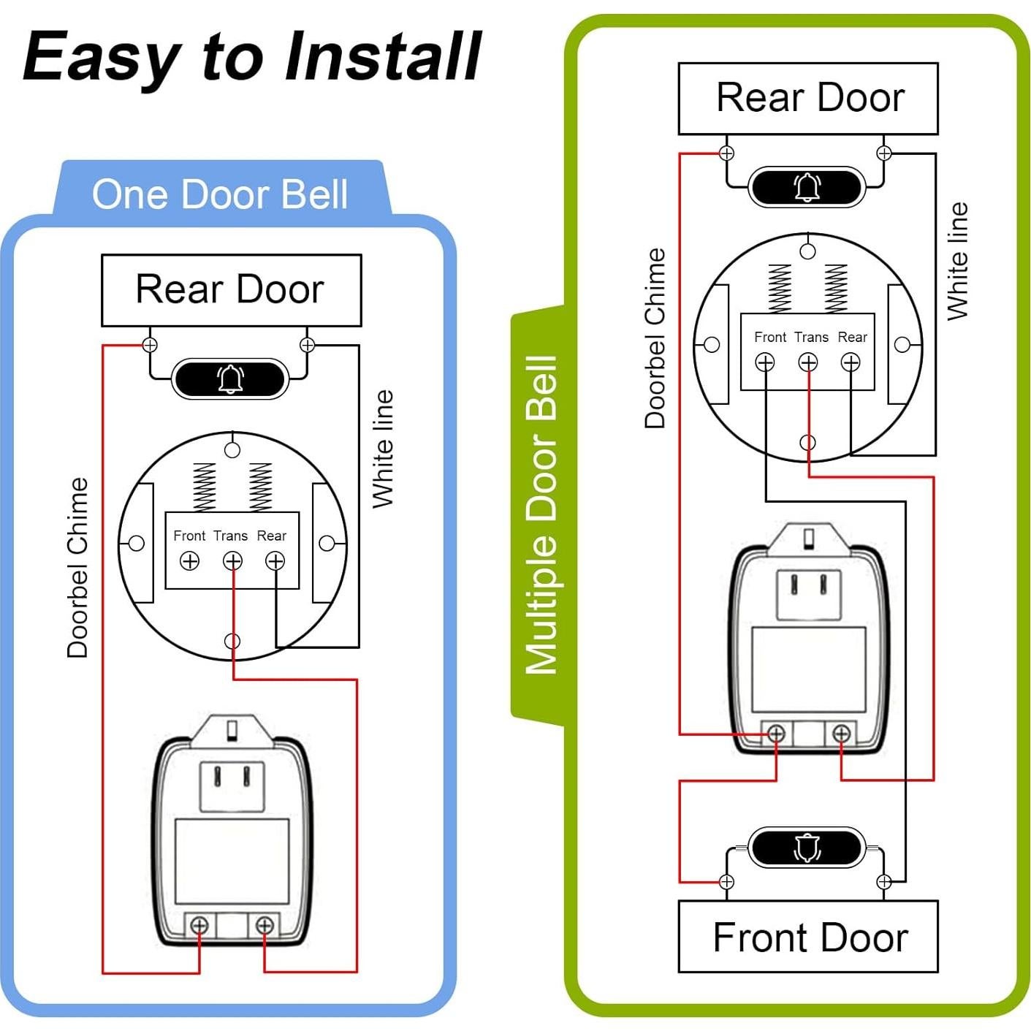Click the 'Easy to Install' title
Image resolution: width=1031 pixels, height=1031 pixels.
point(252,57)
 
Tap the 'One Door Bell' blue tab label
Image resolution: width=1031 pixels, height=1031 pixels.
point(219,194)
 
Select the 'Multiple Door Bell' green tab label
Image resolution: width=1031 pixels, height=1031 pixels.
point(541,515)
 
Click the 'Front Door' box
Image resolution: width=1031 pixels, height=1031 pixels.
point(808,937)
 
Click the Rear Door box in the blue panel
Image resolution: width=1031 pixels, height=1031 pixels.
point(231,289)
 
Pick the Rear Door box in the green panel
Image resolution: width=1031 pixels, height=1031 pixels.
point(808,98)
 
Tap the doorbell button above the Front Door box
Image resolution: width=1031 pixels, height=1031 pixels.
point(806,848)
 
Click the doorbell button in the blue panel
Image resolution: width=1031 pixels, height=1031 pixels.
point(230,378)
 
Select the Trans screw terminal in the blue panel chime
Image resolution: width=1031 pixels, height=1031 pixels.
point(232,561)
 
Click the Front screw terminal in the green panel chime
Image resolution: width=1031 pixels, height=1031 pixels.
point(765,362)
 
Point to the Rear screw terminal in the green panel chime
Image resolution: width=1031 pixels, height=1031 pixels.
point(851,362)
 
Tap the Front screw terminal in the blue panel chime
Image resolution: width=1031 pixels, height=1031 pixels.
point(189,561)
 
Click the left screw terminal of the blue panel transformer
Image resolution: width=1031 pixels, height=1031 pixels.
point(199,926)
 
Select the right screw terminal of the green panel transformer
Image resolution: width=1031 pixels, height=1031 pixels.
point(841,733)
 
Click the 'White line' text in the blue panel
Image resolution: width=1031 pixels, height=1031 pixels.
point(383,448)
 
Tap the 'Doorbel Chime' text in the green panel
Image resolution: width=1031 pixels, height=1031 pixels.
point(655,338)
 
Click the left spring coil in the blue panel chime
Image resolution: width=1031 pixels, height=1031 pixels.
point(204,486)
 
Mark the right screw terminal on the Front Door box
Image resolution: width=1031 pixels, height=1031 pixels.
point(884,882)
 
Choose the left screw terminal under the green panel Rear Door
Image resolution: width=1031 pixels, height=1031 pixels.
point(726,153)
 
